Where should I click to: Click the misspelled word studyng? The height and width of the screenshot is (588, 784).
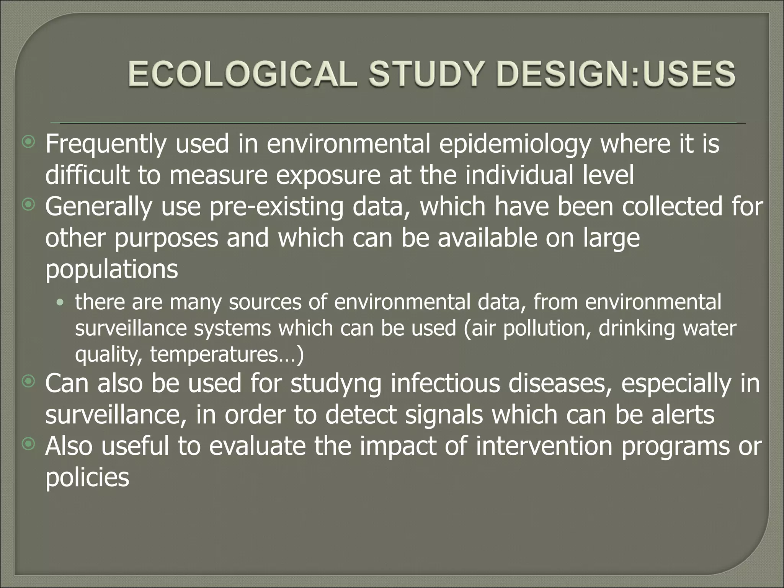[x=335, y=384]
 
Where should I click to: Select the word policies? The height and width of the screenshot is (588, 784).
[x=87, y=478]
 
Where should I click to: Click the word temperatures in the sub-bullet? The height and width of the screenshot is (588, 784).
[x=216, y=354]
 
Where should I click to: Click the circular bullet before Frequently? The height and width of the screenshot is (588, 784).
[x=28, y=143]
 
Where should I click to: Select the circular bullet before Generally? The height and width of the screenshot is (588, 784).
[x=28, y=206]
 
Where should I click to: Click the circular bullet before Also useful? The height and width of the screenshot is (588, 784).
[x=28, y=444]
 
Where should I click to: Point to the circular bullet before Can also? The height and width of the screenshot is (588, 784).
[x=28, y=381]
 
